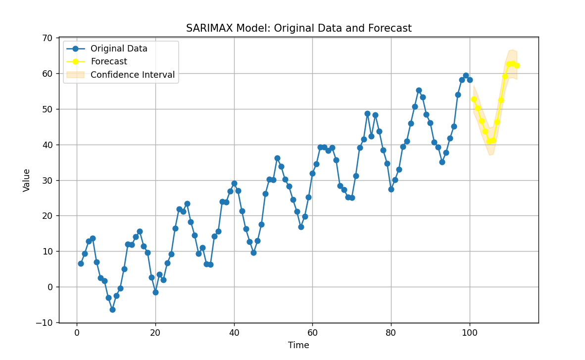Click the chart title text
[x=298, y=29]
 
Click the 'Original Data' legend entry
[x=119, y=49]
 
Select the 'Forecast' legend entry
[x=108, y=62]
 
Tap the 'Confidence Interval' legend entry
[x=132, y=75]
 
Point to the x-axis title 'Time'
[x=298, y=346]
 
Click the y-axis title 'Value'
[x=27, y=180]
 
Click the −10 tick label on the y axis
[x=44, y=323]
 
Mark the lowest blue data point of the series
[x=112, y=309]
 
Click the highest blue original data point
[x=466, y=76]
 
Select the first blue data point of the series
[x=81, y=263]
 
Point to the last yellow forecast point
[x=517, y=65]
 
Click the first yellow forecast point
[x=474, y=99]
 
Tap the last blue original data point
[x=470, y=80]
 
